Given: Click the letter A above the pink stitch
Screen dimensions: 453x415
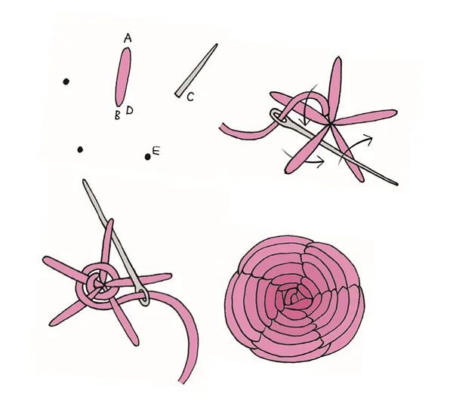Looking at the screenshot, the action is (x=128, y=38).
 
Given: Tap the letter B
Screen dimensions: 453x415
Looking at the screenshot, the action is (x=117, y=115).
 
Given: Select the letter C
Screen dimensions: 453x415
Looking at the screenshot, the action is (x=190, y=97).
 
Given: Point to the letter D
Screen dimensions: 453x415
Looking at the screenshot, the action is (x=129, y=110).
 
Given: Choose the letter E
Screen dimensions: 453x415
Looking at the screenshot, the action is (x=156, y=151).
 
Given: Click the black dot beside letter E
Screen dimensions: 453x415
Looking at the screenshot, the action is (x=148, y=157).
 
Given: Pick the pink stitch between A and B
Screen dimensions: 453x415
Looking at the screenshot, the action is (x=123, y=77).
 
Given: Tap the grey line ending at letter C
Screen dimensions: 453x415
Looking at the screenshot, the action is (x=196, y=70).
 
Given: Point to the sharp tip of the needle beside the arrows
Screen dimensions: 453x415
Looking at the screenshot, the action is (x=398, y=184).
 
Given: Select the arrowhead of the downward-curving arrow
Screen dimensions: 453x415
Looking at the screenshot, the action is (x=304, y=122).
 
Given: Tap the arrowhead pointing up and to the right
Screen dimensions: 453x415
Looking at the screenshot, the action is (x=368, y=137).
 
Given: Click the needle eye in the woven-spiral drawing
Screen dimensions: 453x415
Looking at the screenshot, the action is (x=143, y=297).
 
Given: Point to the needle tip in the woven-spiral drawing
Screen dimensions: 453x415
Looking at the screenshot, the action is (x=85, y=181).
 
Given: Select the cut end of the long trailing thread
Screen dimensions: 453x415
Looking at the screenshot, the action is (x=182, y=382).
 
